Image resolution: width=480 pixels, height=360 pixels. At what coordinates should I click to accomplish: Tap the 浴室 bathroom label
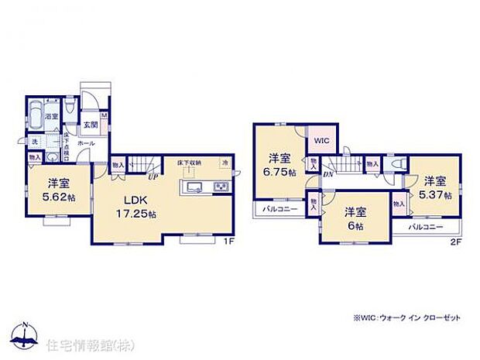[53, 117]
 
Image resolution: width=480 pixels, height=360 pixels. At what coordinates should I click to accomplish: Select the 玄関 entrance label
[89, 125]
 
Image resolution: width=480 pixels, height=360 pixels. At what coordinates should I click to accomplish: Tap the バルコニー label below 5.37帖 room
[424, 227]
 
